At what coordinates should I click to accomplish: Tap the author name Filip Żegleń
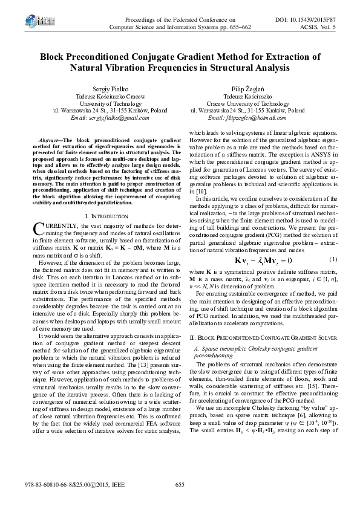pos(247,87)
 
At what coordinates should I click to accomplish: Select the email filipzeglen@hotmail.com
pos(247,119)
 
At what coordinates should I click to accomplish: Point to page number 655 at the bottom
pos(180,484)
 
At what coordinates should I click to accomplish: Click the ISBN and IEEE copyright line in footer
pos(61,484)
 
